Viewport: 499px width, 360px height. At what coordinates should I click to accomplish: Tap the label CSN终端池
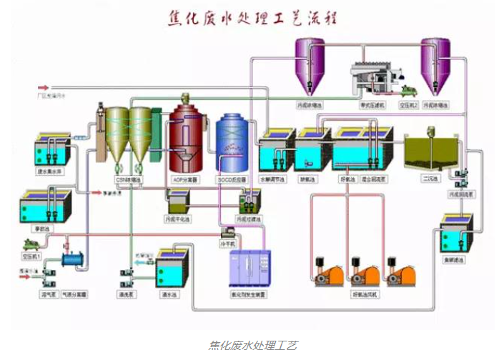click(x=127, y=179)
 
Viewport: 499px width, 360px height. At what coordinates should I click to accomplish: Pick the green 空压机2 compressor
click(x=408, y=90)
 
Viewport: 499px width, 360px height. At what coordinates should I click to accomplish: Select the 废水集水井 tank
click(x=53, y=150)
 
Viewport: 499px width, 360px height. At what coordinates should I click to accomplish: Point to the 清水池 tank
click(x=172, y=267)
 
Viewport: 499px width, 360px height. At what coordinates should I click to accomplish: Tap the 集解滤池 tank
click(x=455, y=242)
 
